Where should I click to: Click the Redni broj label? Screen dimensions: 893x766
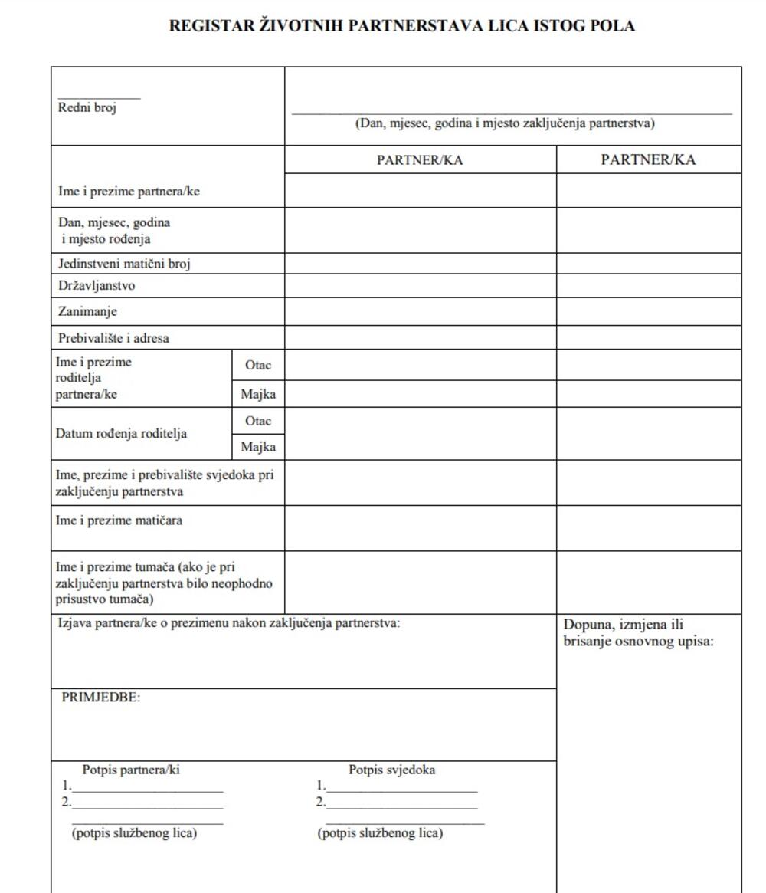coord(87,108)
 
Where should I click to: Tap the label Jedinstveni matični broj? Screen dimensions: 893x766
coord(124,264)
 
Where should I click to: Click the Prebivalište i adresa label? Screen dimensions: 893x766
coord(113,337)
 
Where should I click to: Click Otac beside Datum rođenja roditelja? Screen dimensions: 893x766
coord(258,422)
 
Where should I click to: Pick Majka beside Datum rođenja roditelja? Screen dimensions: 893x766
coord(258,447)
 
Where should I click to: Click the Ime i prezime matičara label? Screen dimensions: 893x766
coord(120,521)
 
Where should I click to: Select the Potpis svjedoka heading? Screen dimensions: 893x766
coord(392,770)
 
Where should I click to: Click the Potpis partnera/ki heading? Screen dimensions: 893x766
coord(131,770)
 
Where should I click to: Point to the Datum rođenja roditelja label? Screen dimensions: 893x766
coord(121,434)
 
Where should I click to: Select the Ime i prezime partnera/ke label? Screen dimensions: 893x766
coord(129,192)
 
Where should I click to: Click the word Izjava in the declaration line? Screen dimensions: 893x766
coord(75,623)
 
